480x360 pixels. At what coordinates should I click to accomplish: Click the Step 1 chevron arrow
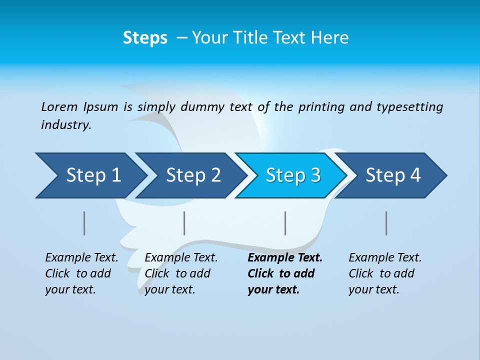click(93, 175)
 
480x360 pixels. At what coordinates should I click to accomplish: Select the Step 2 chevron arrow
click(193, 175)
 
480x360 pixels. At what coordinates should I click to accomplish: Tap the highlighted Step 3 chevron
click(293, 175)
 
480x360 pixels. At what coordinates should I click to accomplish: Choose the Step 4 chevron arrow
click(393, 175)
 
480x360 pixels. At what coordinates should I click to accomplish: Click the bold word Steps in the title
click(145, 38)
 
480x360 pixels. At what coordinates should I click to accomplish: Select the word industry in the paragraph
click(65, 125)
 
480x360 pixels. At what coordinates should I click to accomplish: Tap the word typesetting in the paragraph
click(409, 107)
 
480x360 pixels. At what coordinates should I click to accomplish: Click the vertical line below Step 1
click(84, 223)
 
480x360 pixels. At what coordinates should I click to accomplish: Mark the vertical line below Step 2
click(184, 223)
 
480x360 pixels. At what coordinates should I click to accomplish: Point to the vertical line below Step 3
click(285, 223)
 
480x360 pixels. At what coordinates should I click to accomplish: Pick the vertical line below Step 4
click(386, 223)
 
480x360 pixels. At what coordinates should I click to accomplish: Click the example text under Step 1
click(81, 273)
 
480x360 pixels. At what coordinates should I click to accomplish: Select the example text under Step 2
click(181, 273)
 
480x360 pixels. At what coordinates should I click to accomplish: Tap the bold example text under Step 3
click(284, 273)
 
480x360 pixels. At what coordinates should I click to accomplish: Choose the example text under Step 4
click(385, 273)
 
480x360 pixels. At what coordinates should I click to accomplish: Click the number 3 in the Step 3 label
click(315, 175)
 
